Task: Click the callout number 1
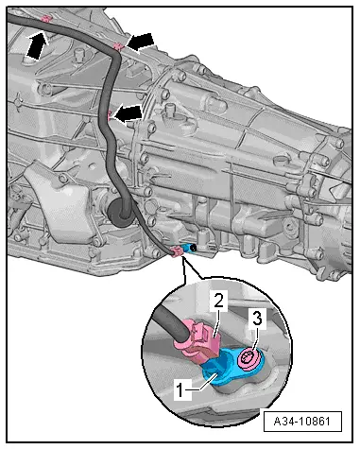180,390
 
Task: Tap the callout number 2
219,301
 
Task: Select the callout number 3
257,319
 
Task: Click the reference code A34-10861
302,421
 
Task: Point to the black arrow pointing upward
36,44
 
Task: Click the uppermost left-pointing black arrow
139,43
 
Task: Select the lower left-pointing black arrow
128,114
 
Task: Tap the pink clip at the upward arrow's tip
46,19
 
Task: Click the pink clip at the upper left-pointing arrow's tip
118,46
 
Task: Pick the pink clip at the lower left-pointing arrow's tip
109,115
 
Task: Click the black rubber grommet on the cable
119,212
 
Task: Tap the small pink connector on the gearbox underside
177,251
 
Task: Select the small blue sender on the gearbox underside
190,249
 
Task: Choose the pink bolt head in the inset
248,357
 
